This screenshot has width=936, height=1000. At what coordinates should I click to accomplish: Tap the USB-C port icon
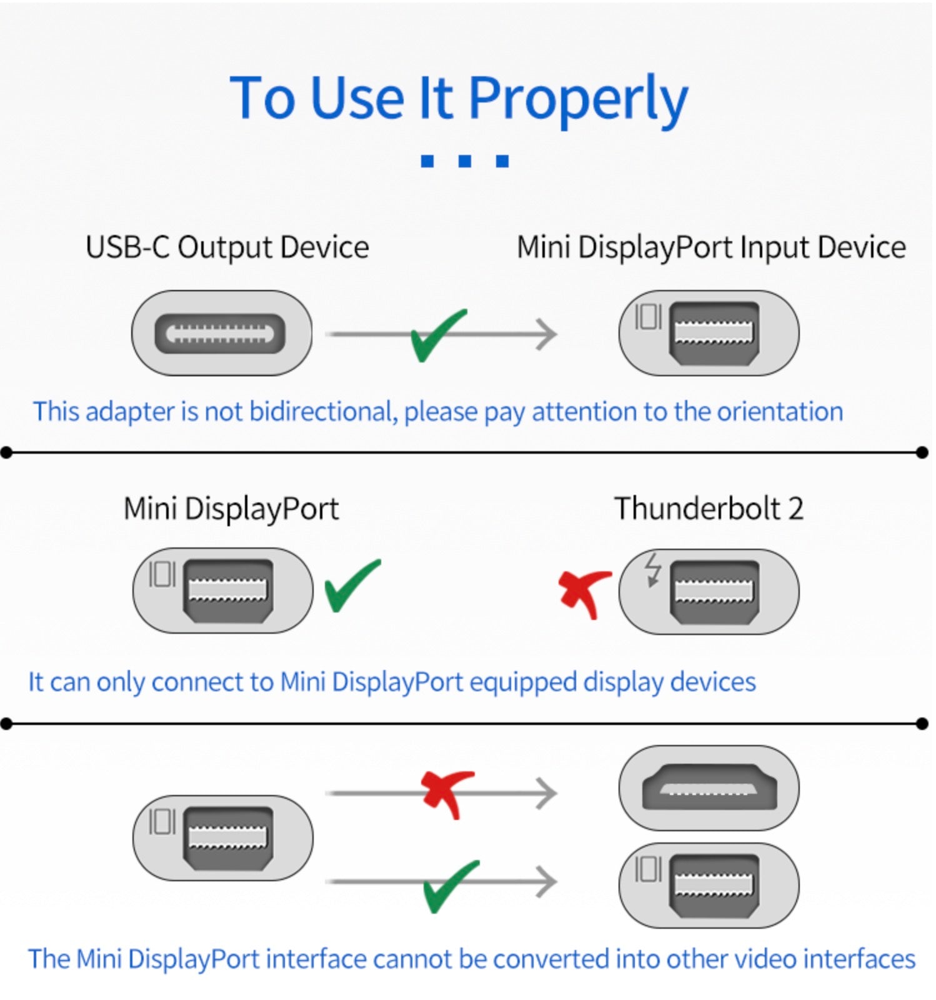click(x=221, y=333)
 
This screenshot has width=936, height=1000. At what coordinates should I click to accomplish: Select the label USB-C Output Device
click(x=227, y=247)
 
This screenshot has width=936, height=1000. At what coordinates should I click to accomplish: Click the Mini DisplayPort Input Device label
click(x=710, y=247)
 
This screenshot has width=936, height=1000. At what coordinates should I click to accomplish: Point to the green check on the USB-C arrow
click(x=437, y=336)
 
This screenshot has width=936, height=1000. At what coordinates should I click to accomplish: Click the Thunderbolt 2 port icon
click(x=709, y=591)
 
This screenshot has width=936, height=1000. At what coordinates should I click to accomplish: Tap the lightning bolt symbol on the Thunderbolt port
click(x=652, y=569)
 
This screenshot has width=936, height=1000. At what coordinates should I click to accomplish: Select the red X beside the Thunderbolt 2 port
click(x=584, y=592)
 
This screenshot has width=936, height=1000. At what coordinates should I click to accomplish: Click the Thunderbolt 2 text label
click(x=708, y=508)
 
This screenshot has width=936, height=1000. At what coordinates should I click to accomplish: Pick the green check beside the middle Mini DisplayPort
click(x=351, y=586)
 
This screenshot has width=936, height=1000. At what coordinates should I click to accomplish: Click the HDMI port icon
click(x=709, y=788)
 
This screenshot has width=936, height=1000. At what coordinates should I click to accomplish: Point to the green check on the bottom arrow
click(x=449, y=886)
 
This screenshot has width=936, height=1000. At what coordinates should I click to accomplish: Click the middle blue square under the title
click(x=464, y=161)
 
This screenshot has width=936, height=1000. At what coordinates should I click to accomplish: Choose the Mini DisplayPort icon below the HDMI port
click(x=709, y=886)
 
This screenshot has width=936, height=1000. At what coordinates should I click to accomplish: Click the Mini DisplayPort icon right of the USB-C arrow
click(x=709, y=333)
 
